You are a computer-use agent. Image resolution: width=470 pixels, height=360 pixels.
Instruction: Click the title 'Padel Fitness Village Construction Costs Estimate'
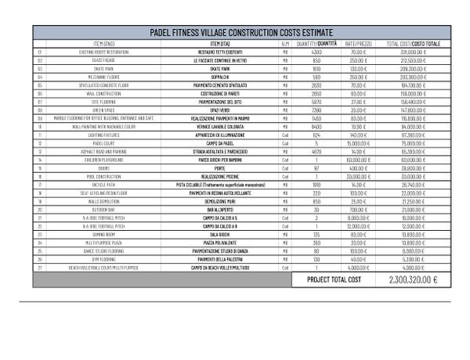point(241,32)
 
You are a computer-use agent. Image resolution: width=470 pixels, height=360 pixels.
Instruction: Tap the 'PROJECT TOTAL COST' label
point(334,279)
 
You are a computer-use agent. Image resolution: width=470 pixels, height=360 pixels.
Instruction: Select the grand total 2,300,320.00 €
point(413,279)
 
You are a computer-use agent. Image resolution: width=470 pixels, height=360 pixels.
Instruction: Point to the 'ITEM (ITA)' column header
point(213,43)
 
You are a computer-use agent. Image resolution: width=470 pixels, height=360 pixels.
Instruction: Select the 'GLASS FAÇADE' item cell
point(103,59)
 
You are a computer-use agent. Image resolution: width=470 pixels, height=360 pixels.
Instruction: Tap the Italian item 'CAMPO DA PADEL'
point(213,143)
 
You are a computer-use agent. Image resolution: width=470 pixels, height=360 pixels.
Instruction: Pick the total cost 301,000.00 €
point(414,52)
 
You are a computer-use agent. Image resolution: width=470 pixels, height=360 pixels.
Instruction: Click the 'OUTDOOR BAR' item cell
point(103,210)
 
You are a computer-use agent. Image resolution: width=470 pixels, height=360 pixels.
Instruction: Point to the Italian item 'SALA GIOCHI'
point(213,235)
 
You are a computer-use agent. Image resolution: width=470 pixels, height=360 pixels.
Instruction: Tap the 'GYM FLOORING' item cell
point(103,259)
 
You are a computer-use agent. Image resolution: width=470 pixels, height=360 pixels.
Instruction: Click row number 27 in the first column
point(39,268)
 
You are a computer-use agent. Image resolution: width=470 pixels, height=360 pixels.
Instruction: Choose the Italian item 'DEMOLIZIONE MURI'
point(213,201)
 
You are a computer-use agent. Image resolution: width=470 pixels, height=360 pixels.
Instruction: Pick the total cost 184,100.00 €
point(414,85)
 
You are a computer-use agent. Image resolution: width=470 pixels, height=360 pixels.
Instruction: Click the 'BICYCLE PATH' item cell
point(103,185)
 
